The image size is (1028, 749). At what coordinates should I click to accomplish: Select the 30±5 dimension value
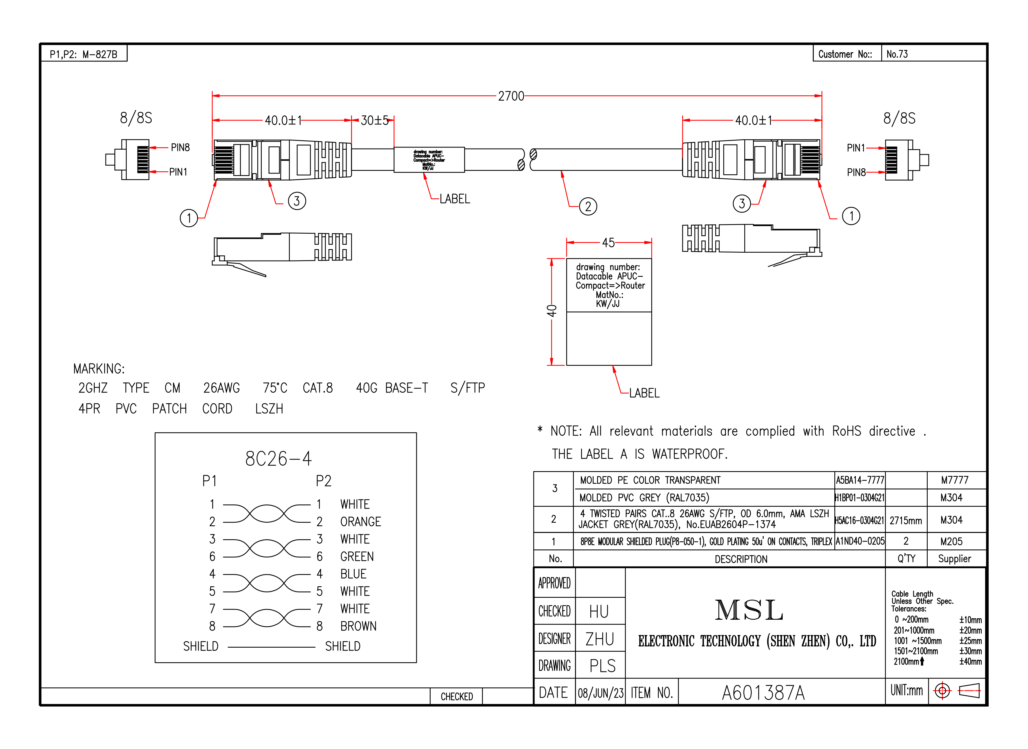(x=374, y=121)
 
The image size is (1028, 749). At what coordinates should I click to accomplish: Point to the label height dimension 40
(x=551, y=311)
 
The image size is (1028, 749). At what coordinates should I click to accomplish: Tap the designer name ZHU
(x=600, y=639)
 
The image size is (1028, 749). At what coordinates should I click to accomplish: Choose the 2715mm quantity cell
(x=905, y=520)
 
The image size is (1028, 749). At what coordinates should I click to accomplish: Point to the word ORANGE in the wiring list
(x=360, y=522)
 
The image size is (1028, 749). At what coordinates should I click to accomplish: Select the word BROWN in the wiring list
(x=358, y=626)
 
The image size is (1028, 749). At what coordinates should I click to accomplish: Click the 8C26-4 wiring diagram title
(x=278, y=459)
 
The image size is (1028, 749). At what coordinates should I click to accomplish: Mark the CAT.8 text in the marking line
(x=318, y=388)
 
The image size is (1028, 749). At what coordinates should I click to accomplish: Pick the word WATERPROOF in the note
(x=689, y=454)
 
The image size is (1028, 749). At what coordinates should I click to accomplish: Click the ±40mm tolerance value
(x=971, y=661)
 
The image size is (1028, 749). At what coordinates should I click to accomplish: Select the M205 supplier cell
(x=951, y=541)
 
